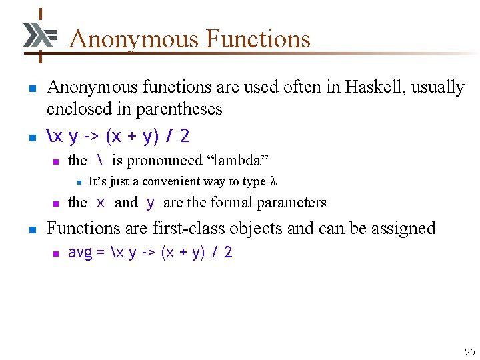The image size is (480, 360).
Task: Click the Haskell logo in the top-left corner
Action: [x=39, y=35]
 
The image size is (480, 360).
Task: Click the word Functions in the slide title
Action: [x=258, y=39]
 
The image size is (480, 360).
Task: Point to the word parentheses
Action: [x=175, y=109]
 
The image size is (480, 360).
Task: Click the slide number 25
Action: [x=470, y=352]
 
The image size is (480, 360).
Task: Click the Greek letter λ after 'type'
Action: [x=273, y=181]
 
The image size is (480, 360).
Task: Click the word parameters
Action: [x=292, y=203]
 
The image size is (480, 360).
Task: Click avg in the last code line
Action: [x=81, y=253]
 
